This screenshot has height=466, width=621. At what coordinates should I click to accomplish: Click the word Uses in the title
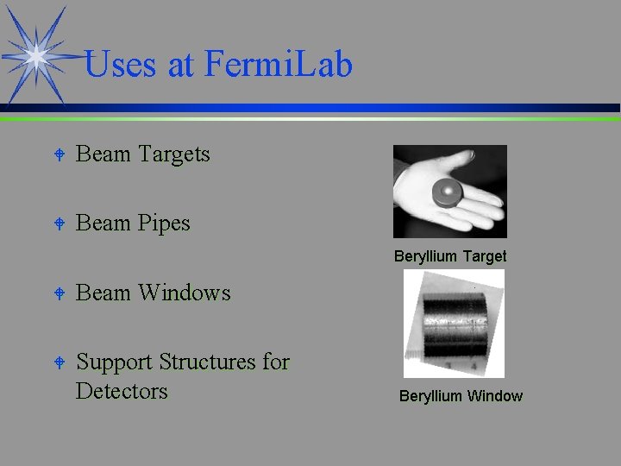121,65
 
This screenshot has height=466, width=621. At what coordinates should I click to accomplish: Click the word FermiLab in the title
279,65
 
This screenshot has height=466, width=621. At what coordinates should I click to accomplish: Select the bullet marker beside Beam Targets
58,155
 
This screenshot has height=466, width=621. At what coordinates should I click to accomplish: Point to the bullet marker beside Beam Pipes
58,224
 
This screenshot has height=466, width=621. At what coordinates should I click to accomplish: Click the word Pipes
164,224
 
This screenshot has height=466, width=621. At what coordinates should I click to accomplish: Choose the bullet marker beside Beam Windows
58,294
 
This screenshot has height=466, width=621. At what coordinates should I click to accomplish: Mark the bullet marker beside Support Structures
58,363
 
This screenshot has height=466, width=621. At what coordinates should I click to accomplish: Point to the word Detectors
122,391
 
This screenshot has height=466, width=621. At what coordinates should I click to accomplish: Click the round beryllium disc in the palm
448,190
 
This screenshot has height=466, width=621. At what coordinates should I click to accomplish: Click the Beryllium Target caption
450,256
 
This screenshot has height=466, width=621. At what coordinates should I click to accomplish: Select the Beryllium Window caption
461,396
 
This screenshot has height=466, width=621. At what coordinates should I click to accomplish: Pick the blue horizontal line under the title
345,109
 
